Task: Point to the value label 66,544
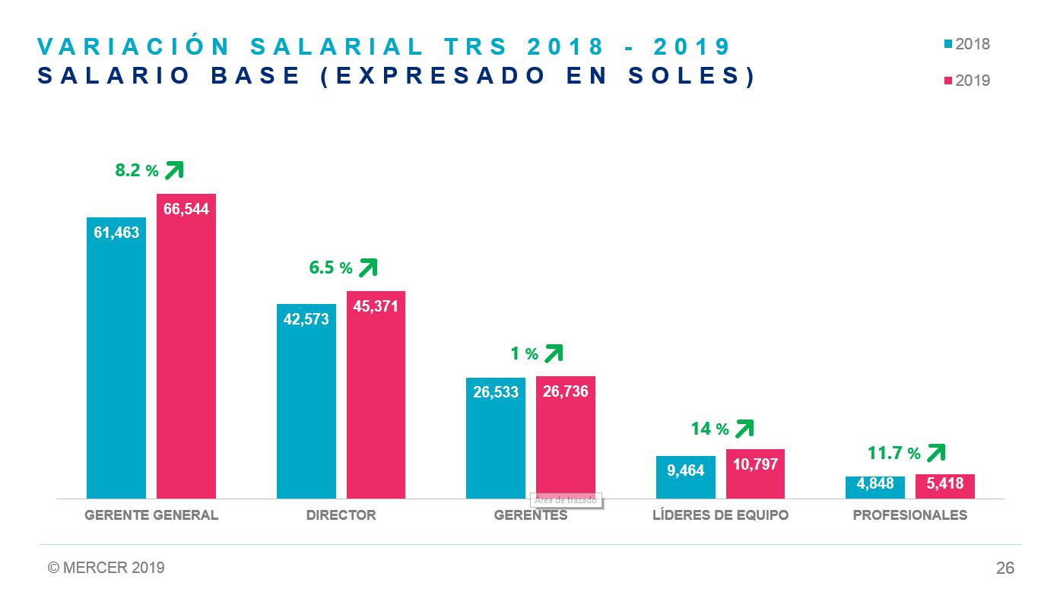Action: (x=186, y=209)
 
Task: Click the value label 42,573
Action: (x=306, y=319)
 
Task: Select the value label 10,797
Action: (x=755, y=464)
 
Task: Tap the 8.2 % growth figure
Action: (x=137, y=171)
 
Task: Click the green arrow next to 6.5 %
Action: (x=368, y=268)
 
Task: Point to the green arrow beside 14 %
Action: (x=744, y=429)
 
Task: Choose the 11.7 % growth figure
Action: (x=894, y=454)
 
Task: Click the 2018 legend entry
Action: (x=967, y=44)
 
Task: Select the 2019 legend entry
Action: (x=967, y=81)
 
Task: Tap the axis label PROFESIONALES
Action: (x=910, y=515)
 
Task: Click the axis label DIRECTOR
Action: (x=341, y=515)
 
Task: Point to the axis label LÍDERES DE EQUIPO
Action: (x=720, y=515)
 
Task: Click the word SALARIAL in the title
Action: (x=337, y=47)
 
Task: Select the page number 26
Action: (x=1004, y=568)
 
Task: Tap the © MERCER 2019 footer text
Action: (x=106, y=568)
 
